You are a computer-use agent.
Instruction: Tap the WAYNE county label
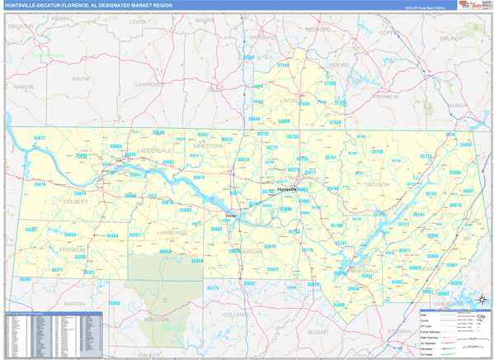(x=82, y=78)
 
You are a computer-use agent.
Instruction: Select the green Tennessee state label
(x=48, y=55)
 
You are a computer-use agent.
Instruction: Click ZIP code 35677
(x=39, y=138)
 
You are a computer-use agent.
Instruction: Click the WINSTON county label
(x=156, y=319)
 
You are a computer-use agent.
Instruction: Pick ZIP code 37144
(x=284, y=64)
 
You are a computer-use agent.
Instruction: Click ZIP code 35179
(x=213, y=287)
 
